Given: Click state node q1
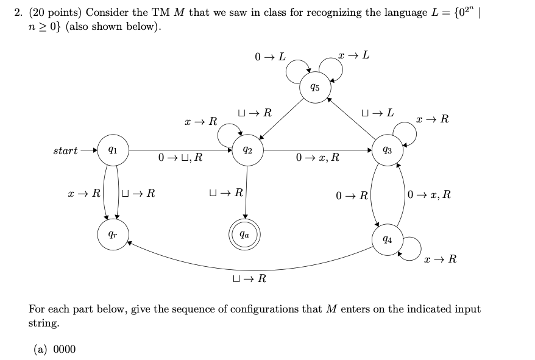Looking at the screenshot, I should coord(113,150).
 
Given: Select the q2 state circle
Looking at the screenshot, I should coord(247,150).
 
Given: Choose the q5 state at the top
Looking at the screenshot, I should coord(314,87).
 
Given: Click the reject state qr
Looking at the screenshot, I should coord(113,233).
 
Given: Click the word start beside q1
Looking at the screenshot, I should coord(65,150).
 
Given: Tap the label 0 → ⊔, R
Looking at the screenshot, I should coord(180,158).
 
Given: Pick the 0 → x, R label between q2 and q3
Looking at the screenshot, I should coord(317,158).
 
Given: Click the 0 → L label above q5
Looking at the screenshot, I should coord(270,57).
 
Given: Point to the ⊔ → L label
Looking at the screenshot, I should coord(377,113).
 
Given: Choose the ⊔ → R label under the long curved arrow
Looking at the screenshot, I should coord(249,279).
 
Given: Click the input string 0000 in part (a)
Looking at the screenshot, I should coord(65,349).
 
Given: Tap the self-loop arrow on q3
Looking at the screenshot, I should coord(404,129).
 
